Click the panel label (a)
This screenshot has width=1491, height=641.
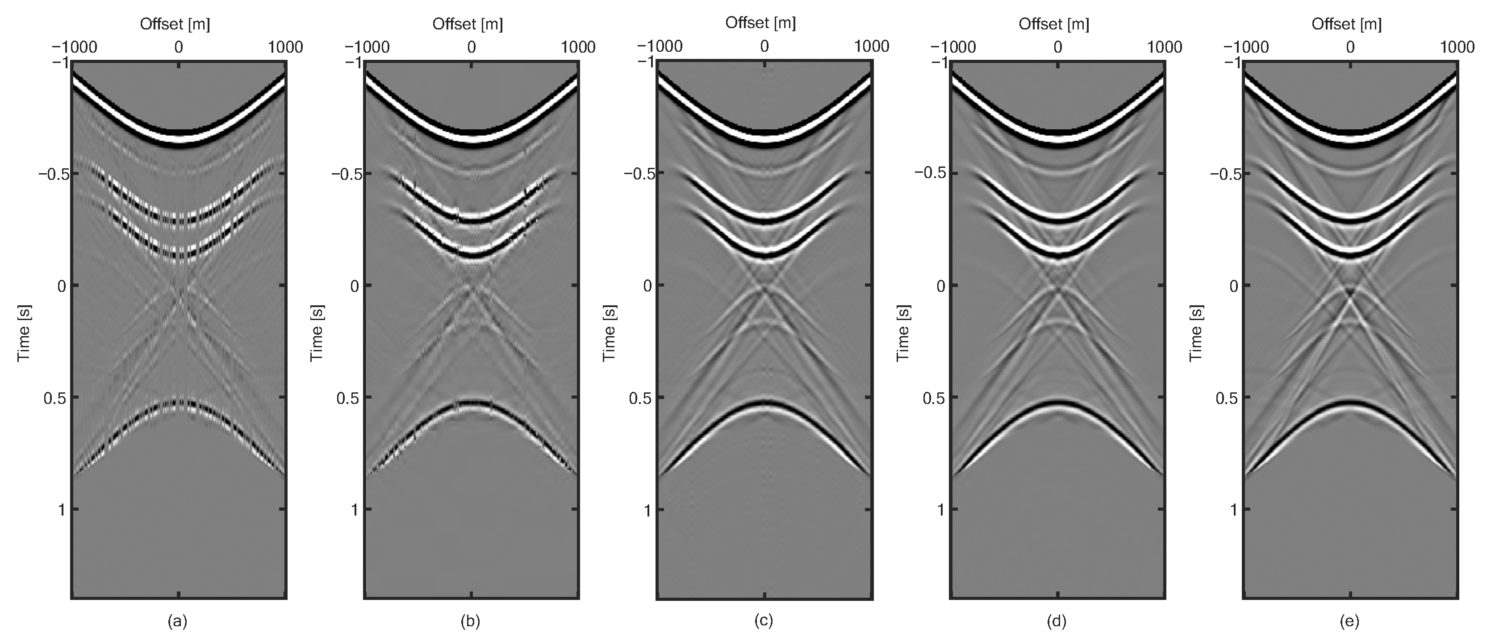[x=178, y=621]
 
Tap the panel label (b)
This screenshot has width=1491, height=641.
[x=471, y=621]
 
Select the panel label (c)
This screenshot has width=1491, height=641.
[x=764, y=621]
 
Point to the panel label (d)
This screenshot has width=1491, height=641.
[x=1057, y=621]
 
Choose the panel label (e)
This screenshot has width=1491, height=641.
[x=1350, y=621]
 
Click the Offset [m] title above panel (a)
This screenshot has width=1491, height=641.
[x=175, y=24]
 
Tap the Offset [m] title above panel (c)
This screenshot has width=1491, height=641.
[x=760, y=23]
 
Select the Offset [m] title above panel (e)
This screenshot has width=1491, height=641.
[x=1346, y=24]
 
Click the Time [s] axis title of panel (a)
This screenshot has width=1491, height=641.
[x=24, y=333]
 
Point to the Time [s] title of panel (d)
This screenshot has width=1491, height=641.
[x=903, y=333]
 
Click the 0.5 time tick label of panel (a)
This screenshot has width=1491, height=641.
[x=55, y=398]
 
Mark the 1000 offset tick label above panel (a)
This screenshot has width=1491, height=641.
[x=285, y=47]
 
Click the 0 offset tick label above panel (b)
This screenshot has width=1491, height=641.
[x=471, y=47]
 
